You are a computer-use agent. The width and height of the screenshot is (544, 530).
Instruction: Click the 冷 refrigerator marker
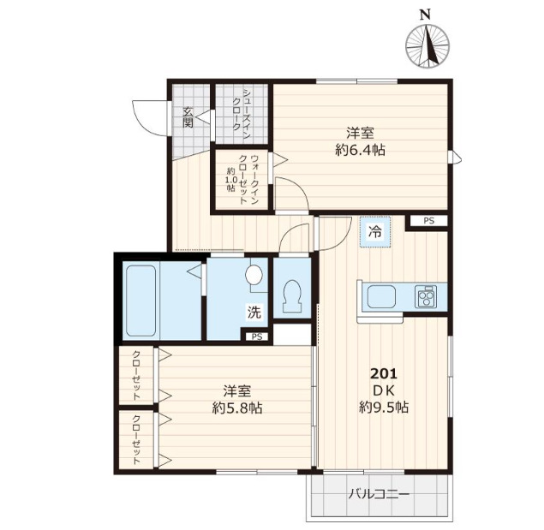pyautogui.click(x=375, y=230)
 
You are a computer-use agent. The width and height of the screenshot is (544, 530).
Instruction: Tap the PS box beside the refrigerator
pyautogui.click(x=428, y=221)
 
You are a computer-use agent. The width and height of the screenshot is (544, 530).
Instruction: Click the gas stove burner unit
pyautogui.click(x=426, y=297)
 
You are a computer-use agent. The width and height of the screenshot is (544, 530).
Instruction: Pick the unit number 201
pyautogui.click(x=383, y=373)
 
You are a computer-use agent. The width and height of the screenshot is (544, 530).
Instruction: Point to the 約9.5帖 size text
pyautogui.click(x=383, y=408)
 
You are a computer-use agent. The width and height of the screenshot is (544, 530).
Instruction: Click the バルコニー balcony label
pyautogui.click(x=379, y=494)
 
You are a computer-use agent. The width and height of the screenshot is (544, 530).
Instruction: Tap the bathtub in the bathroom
pyautogui.click(x=140, y=301)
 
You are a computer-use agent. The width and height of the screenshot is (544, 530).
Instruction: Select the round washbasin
pyautogui.click(x=254, y=275)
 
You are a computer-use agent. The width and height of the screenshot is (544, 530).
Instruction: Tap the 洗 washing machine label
pyautogui.click(x=254, y=313)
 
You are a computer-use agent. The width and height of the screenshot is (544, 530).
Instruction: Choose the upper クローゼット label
pyautogui.click(x=137, y=377)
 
